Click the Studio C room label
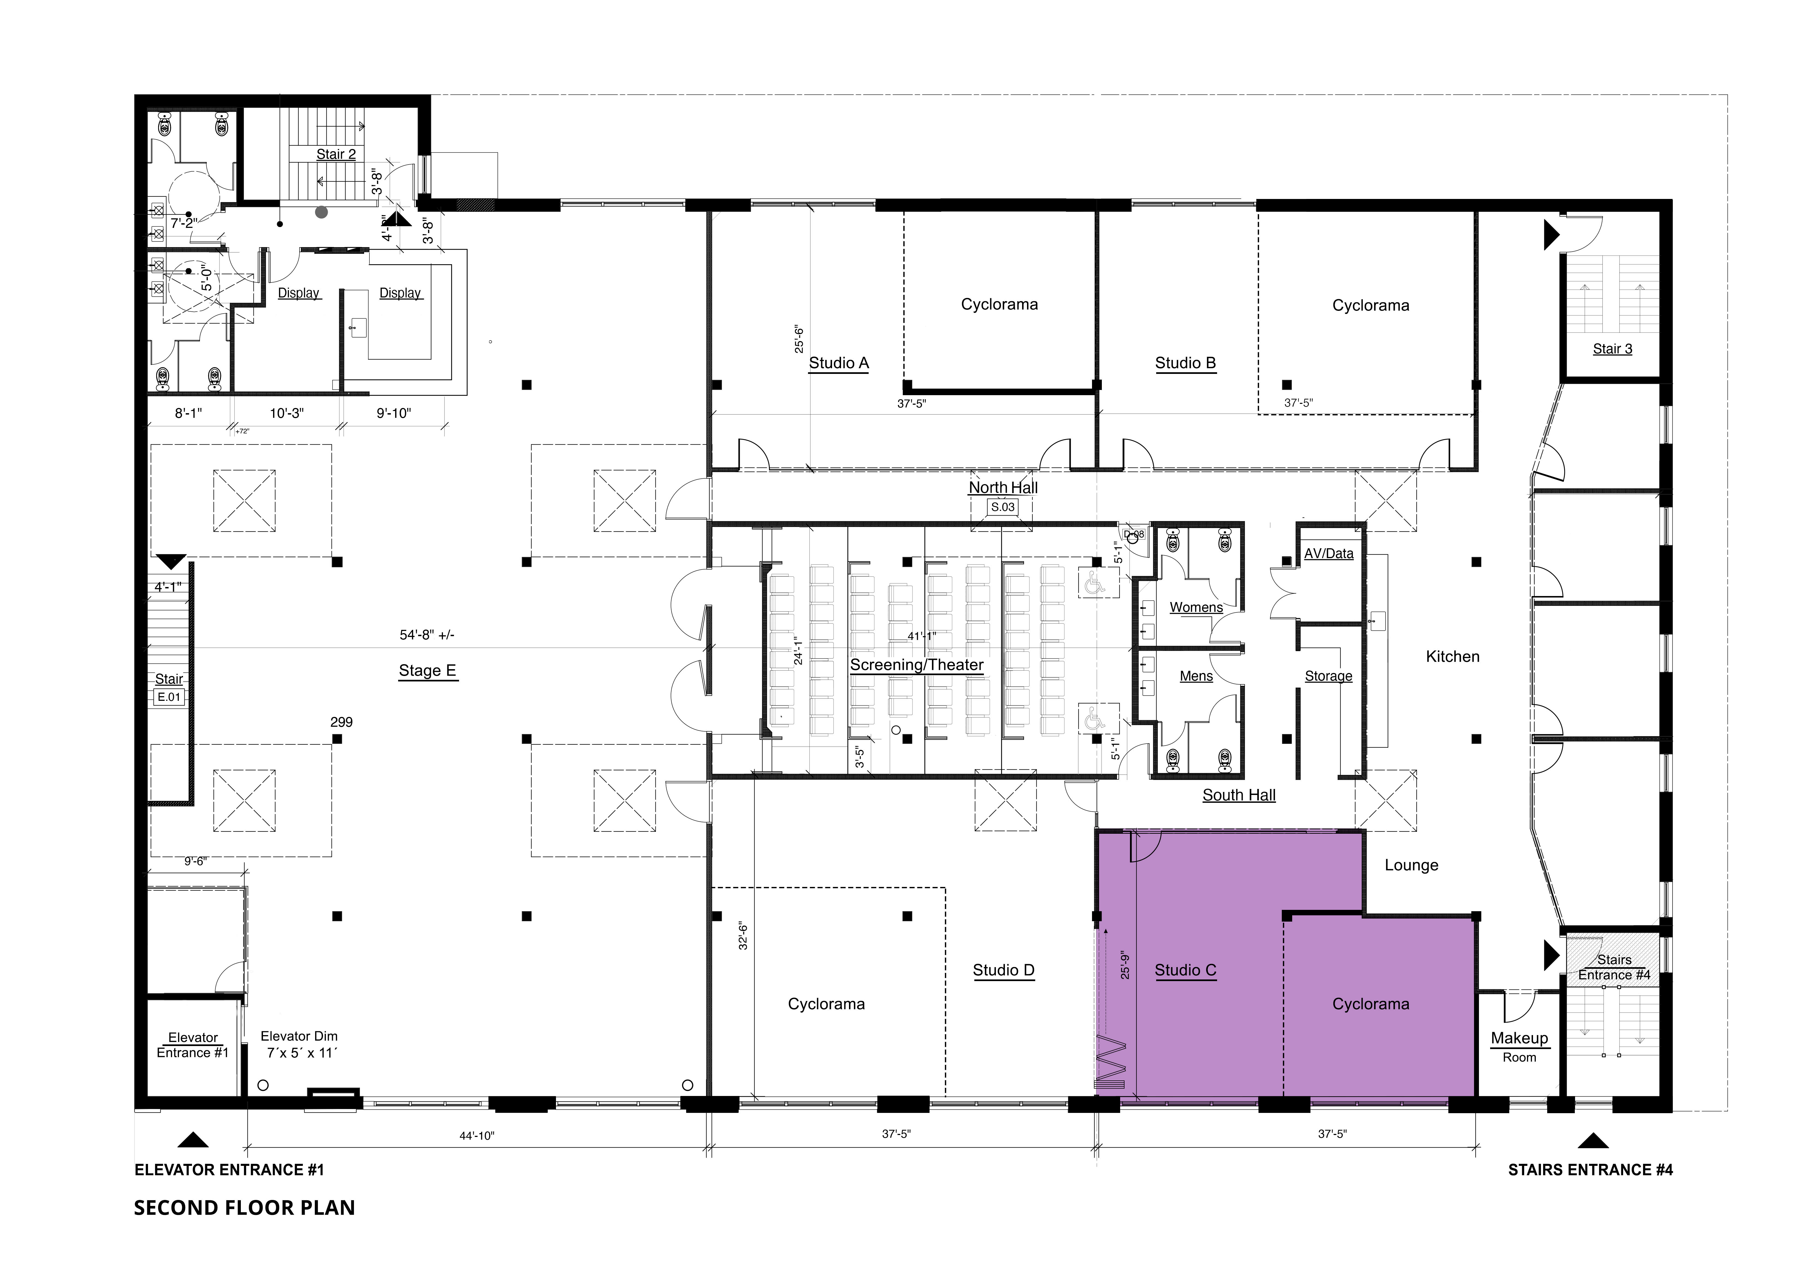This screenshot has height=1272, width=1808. click(x=1185, y=970)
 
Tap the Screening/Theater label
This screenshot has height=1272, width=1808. click(x=917, y=665)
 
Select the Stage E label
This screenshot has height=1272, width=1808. click(x=428, y=671)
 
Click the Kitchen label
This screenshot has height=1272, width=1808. click(x=1453, y=656)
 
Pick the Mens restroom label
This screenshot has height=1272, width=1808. click(x=1196, y=676)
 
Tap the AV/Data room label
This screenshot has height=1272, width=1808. click(x=1328, y=553)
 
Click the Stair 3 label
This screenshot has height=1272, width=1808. click(x=1613, y=349)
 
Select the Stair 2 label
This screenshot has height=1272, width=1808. click(x=336, y=154)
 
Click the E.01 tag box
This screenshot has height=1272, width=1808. click(x=169, y=697)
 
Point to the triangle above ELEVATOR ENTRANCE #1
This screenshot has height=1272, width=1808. click(x=193, y=1140)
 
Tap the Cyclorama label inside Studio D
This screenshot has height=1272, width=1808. click(x=826, y=1003)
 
